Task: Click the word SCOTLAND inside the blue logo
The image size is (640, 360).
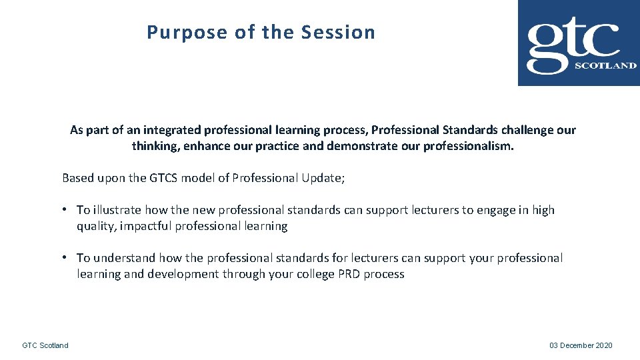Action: point(605,66)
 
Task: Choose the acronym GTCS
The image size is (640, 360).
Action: point(174,178)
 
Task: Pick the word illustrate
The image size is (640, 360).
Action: point(117,210)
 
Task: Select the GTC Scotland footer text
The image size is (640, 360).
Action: point(45,345)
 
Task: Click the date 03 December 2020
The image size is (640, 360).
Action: point(581,345)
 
